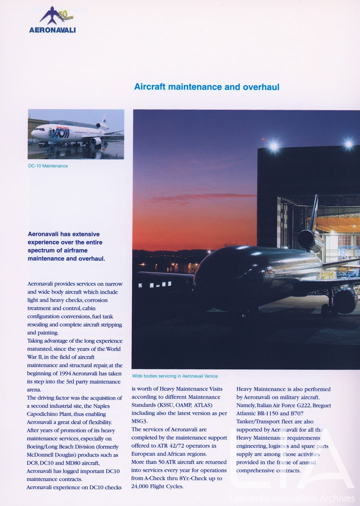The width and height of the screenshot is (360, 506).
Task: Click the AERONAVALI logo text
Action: (52, 30)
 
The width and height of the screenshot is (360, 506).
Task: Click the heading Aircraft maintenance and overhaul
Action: (207, 87)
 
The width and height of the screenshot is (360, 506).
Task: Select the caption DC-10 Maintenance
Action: (48, 166)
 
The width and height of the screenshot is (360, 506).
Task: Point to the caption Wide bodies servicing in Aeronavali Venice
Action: (175, 376)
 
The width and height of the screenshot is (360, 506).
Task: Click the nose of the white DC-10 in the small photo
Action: (32, 133)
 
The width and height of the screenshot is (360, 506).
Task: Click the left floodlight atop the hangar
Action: (274, 147)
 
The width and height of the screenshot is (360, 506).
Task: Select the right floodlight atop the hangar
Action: (349, 144)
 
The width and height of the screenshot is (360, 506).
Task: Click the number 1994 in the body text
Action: (65, 373)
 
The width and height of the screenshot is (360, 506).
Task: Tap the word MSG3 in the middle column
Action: (140, 421)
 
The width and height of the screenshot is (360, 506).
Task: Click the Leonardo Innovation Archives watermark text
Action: (292, 498)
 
